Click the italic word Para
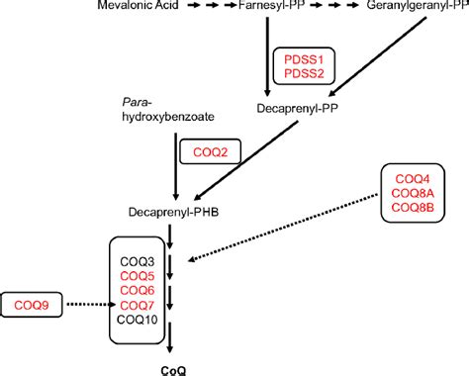pyautogui.click(x=133, y=102)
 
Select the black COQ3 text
pyautogui.click(x=137, y=260)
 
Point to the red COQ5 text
pyautogui.click(x=137, y=275)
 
